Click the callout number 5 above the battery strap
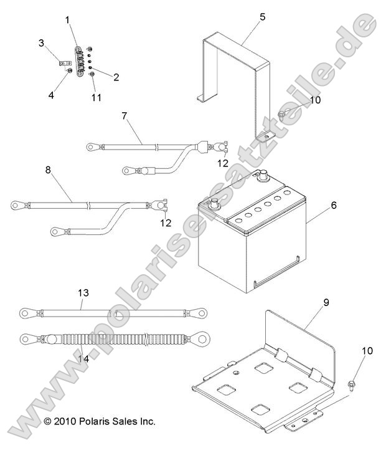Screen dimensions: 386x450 click(x=263, y=17)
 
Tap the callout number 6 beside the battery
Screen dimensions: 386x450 click(x=334, y=205)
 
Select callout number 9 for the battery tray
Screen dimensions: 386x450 click(x=326, y=302)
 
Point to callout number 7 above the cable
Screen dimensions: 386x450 click(x=124, y=116)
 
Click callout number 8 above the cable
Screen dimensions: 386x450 click(x=48, y=170)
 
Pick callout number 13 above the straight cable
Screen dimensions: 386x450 click(x=83, y=293)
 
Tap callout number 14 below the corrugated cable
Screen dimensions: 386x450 click(x=83, y=359)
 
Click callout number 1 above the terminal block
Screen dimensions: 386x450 click(x=67, y=20)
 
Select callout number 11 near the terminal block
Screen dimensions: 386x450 click(x=96, y=98)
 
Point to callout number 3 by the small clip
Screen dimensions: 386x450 click(x=42, y=43)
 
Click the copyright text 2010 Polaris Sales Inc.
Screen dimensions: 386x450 click(x=100, y=421)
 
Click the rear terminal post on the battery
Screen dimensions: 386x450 click(x=262, y=175)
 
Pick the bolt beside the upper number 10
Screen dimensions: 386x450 click(x=281, y=115)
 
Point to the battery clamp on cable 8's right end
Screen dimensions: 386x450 click(x=160, y=205)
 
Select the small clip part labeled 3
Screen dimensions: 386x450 click(x=65, y=63)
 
